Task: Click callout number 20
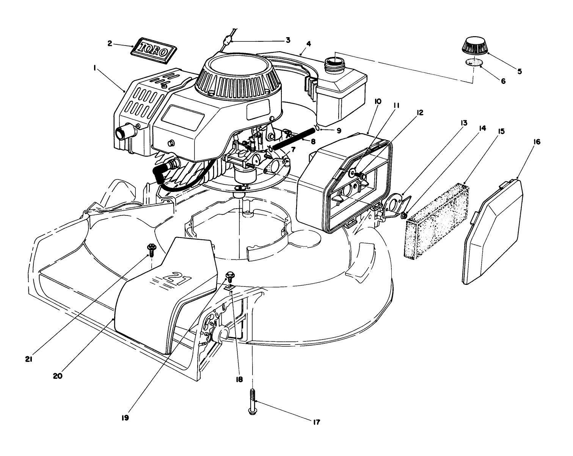click(x=58, y=376)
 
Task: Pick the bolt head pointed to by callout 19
click(x=229, y=275)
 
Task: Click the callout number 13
click(x=464, y=123)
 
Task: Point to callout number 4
click(x=308, y=44)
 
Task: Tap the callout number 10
click(x=367, y=102)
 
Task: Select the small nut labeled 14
click(x=404, y=216)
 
